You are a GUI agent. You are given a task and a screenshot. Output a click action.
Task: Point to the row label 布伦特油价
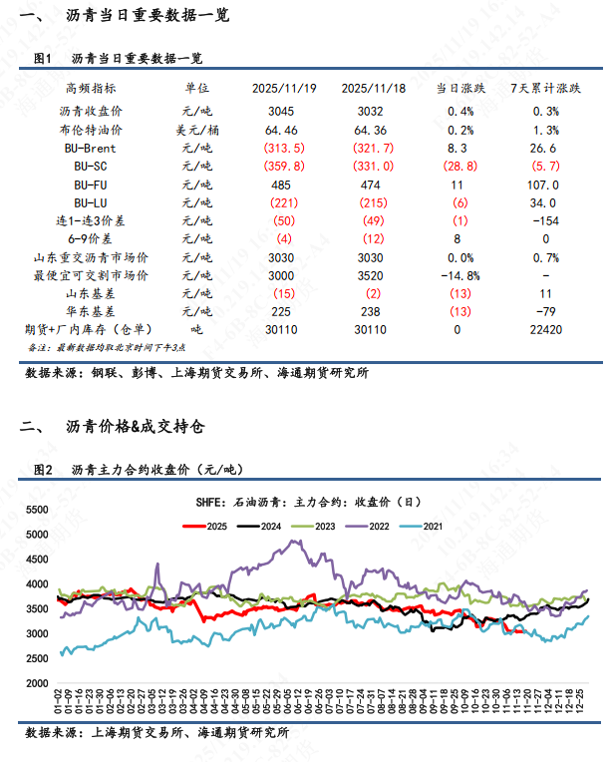(x=89, y=129)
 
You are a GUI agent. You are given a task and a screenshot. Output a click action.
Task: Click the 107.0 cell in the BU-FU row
(x=545, y=184)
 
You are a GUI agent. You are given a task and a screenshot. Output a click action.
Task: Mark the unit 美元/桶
(x=197, y=129)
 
